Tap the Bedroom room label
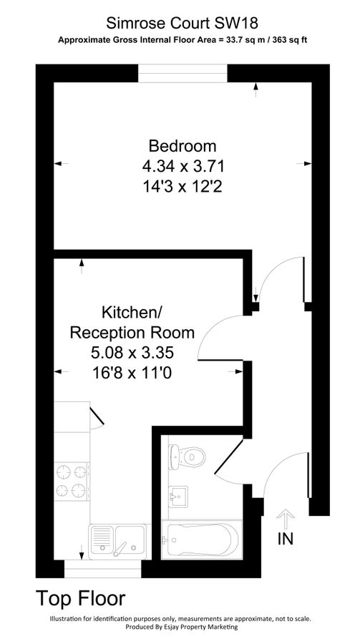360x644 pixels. click(x=182, y=147)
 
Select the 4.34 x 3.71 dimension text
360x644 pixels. click(x=183, y=167)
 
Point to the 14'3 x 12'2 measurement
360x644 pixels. click(x=183, y=186)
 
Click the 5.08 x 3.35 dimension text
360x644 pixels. click(x=133, y=352)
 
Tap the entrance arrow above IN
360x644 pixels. click(x=286, y=519)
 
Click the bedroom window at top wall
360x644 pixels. click(x=183, y=70)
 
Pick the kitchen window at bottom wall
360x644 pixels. click(x=102, y=568)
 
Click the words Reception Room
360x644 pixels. click(x=132, y=332)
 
